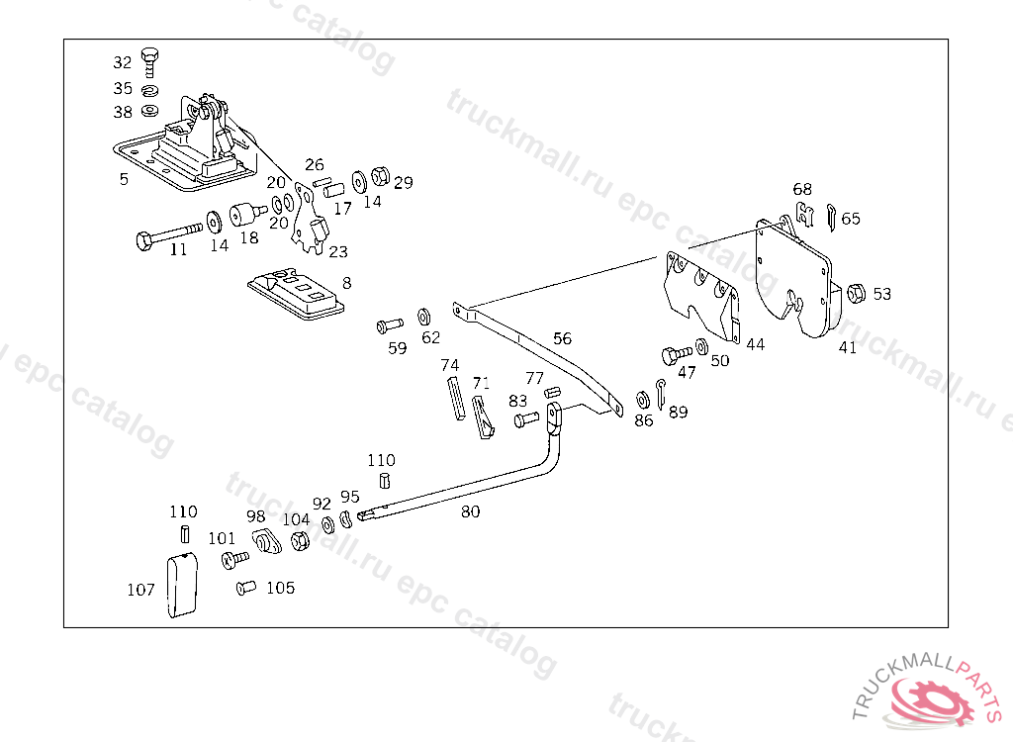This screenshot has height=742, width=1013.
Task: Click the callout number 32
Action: [122, 62]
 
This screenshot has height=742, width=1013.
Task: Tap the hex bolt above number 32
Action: [150, 59]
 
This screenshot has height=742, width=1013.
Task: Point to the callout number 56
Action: [562, 338]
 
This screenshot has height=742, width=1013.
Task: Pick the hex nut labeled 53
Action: [858, 292]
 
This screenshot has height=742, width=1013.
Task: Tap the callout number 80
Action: [470, 511]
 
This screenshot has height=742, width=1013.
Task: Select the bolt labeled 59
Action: [388, 325]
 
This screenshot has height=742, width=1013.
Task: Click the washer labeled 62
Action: [423, 316]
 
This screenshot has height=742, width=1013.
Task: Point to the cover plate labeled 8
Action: [296, 293]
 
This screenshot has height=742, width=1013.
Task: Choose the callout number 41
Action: [848, 347]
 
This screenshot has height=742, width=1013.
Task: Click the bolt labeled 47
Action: [677, 354]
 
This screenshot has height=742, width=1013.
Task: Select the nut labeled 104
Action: [300, 541]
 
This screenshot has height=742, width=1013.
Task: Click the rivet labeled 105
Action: [246, 589]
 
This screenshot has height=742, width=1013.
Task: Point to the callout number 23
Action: [338, 251]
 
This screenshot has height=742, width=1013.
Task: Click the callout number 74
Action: [450, 365]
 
